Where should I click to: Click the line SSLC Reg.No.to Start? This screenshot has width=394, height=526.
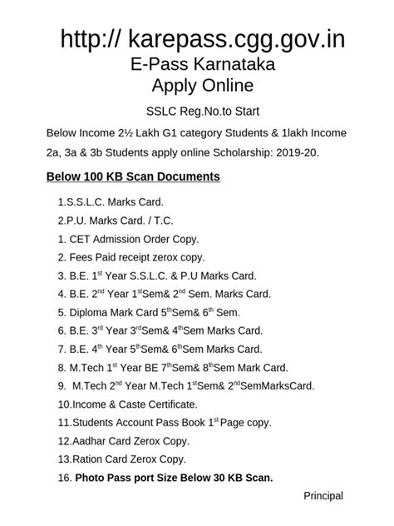[x=196, y=112]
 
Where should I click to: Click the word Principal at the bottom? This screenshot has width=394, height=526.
[x=323, y=496]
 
